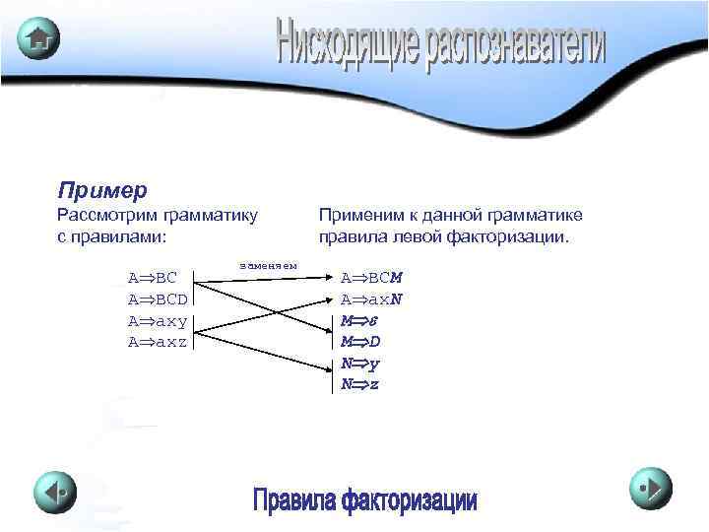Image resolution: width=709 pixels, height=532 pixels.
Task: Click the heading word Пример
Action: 102,188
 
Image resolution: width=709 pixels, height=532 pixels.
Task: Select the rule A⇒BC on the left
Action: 153,279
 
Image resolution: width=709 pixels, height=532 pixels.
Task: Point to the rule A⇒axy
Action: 158,320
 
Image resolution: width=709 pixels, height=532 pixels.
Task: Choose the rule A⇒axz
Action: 158,341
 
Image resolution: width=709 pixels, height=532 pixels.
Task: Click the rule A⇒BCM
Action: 371,279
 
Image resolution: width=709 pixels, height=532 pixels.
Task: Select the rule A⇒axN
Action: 371,299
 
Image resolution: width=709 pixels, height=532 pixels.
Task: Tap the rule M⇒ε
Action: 355,320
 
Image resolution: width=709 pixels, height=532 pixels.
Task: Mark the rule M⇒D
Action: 359,342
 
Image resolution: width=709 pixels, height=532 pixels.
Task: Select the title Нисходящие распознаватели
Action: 440,44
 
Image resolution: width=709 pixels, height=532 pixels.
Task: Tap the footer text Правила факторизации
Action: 364,500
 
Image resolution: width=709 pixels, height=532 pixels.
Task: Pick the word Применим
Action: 357,215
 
